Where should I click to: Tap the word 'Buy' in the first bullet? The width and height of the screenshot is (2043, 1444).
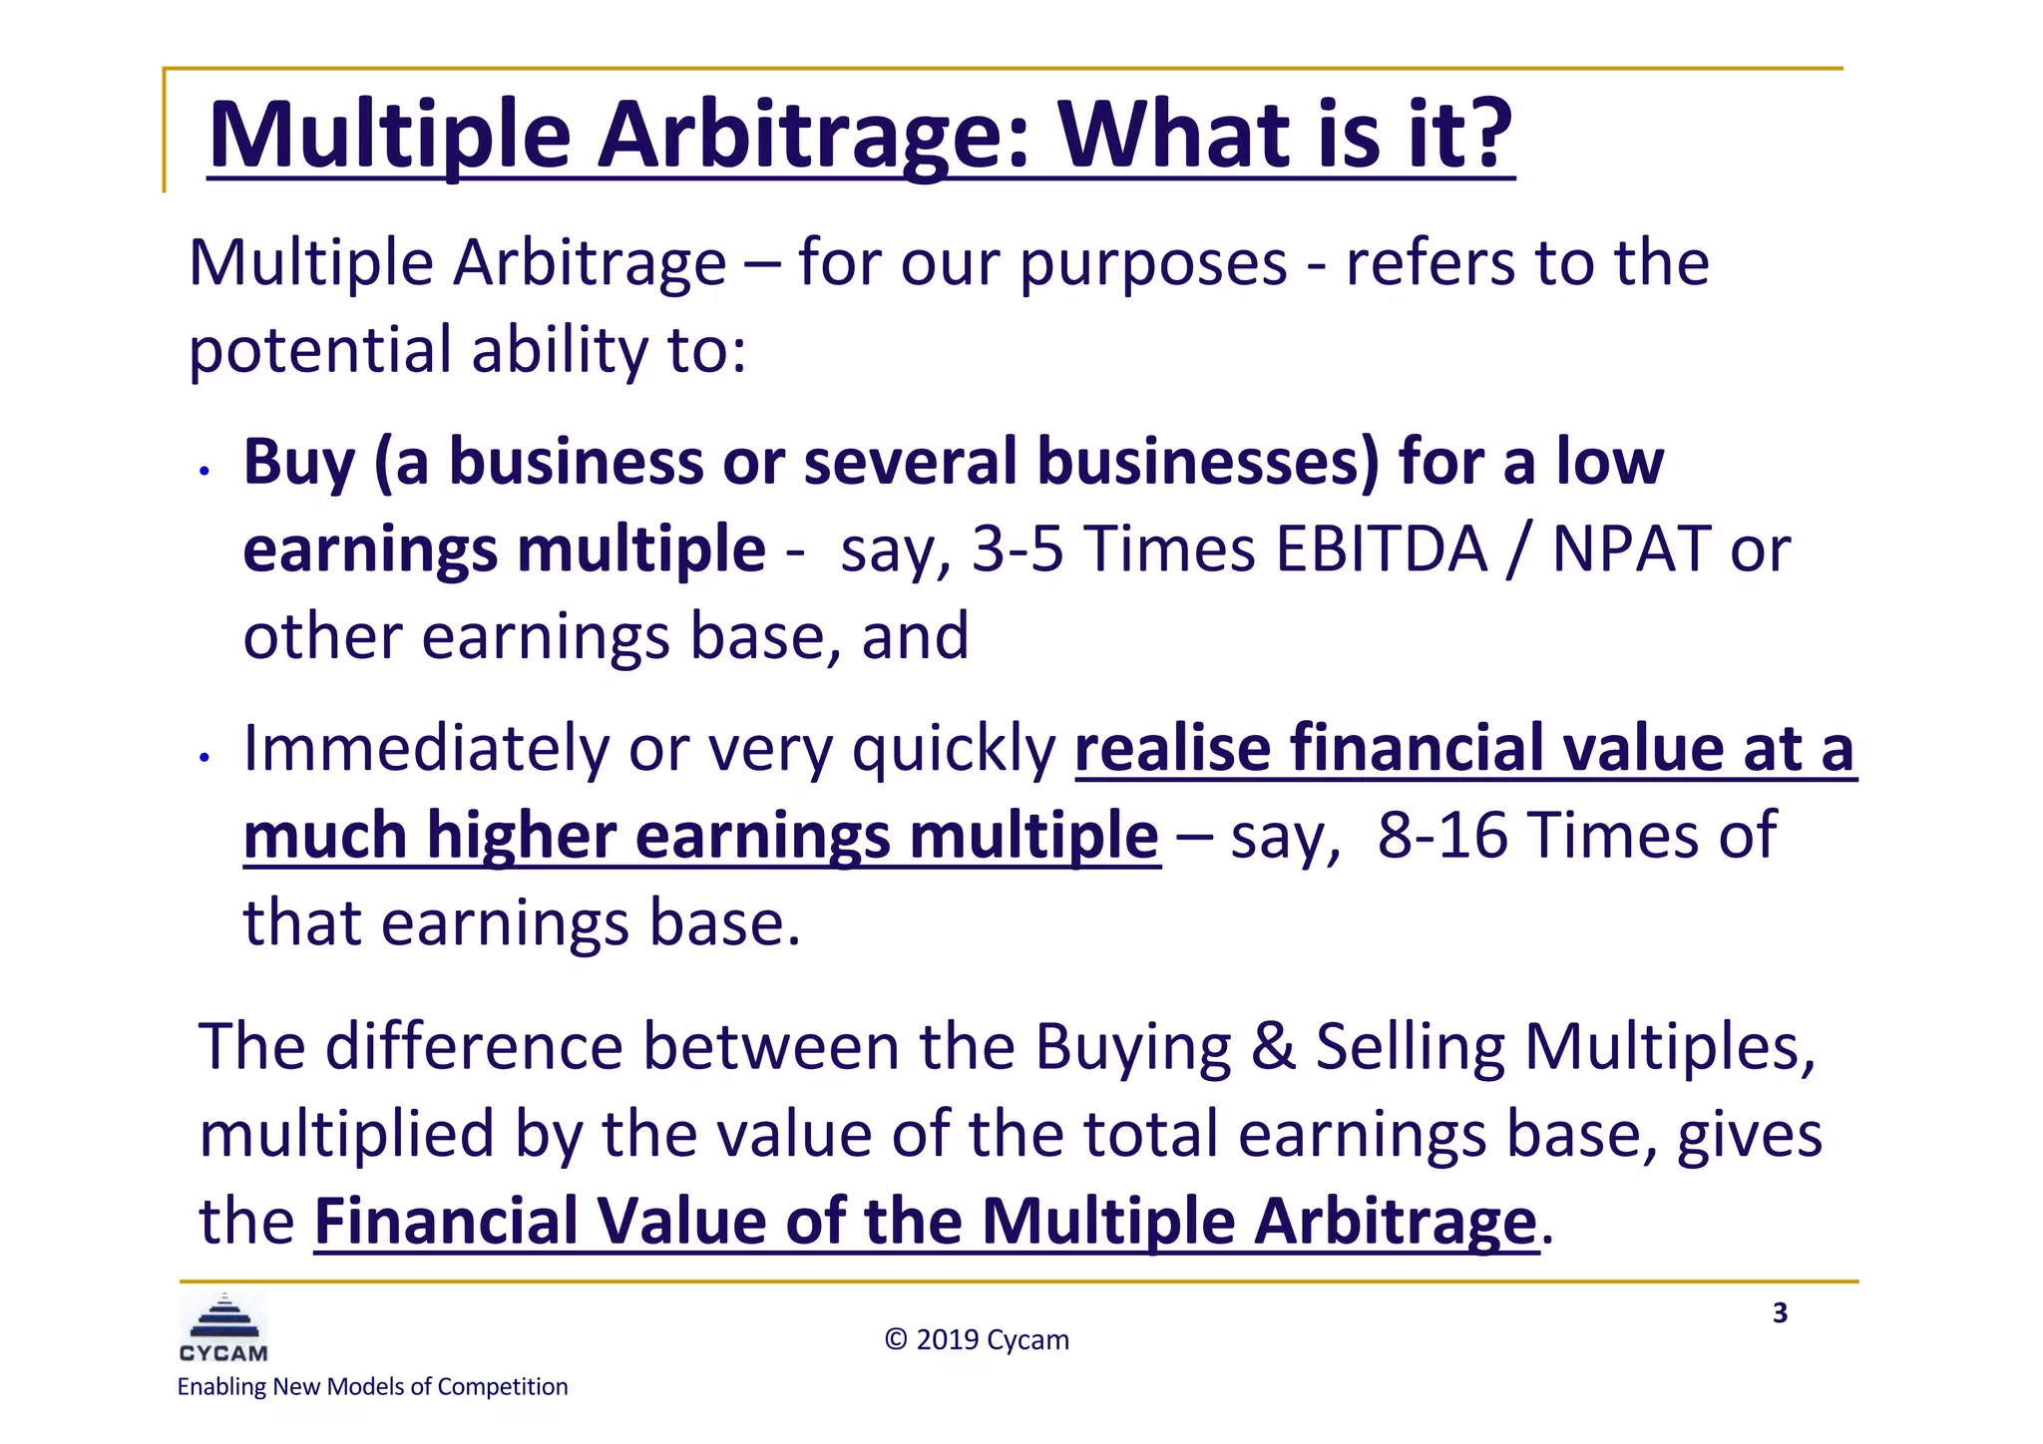tap(298, 463)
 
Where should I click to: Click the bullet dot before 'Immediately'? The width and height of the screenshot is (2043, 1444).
tap(204, 758)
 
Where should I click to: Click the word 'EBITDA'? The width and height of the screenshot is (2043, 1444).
tap(1381, 549)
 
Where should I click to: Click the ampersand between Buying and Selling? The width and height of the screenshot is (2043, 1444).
tap(1273, 1047)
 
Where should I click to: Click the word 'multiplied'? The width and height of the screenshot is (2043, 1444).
tap(346, 1135)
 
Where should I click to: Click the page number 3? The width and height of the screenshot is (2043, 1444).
tap(1780, 1313)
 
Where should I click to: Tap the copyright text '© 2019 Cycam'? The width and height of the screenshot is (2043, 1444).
tap(977, 1339)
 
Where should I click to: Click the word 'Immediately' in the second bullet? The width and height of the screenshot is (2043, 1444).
tap(425, 748)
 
